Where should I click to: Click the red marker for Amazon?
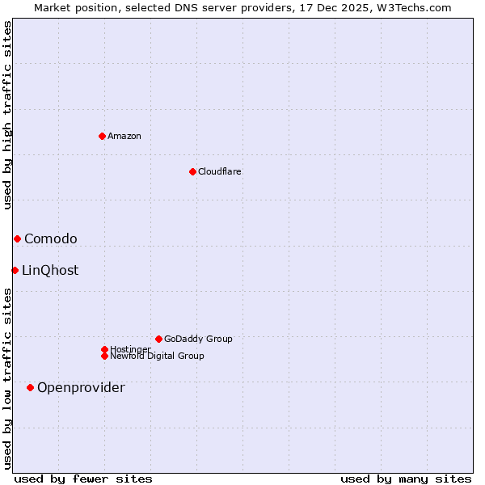click(102, 136)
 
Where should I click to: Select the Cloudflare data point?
click(192, 171)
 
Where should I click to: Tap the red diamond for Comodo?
click(17, 238)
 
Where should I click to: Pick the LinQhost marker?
click(15, 270)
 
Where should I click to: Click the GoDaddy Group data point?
click(158, 339)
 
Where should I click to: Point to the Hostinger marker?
click(104, 349)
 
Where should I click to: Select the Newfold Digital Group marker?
click(104, 356)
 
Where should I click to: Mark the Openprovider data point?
click(30, 387)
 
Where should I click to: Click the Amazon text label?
click(124, 136)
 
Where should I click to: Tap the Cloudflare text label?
click(219, 171)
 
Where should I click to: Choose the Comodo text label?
click(51, 238)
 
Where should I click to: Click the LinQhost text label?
click(50, 270)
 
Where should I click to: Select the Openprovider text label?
click(81, 387)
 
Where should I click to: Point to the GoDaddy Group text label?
click(198, 339)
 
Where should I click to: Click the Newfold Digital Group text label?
click(157, 356)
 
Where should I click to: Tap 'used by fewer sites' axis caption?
click(83, 479)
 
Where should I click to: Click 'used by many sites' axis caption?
click(406, 479)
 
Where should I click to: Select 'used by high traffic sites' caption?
click(7, 115)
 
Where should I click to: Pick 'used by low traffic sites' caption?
click(7, 377)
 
